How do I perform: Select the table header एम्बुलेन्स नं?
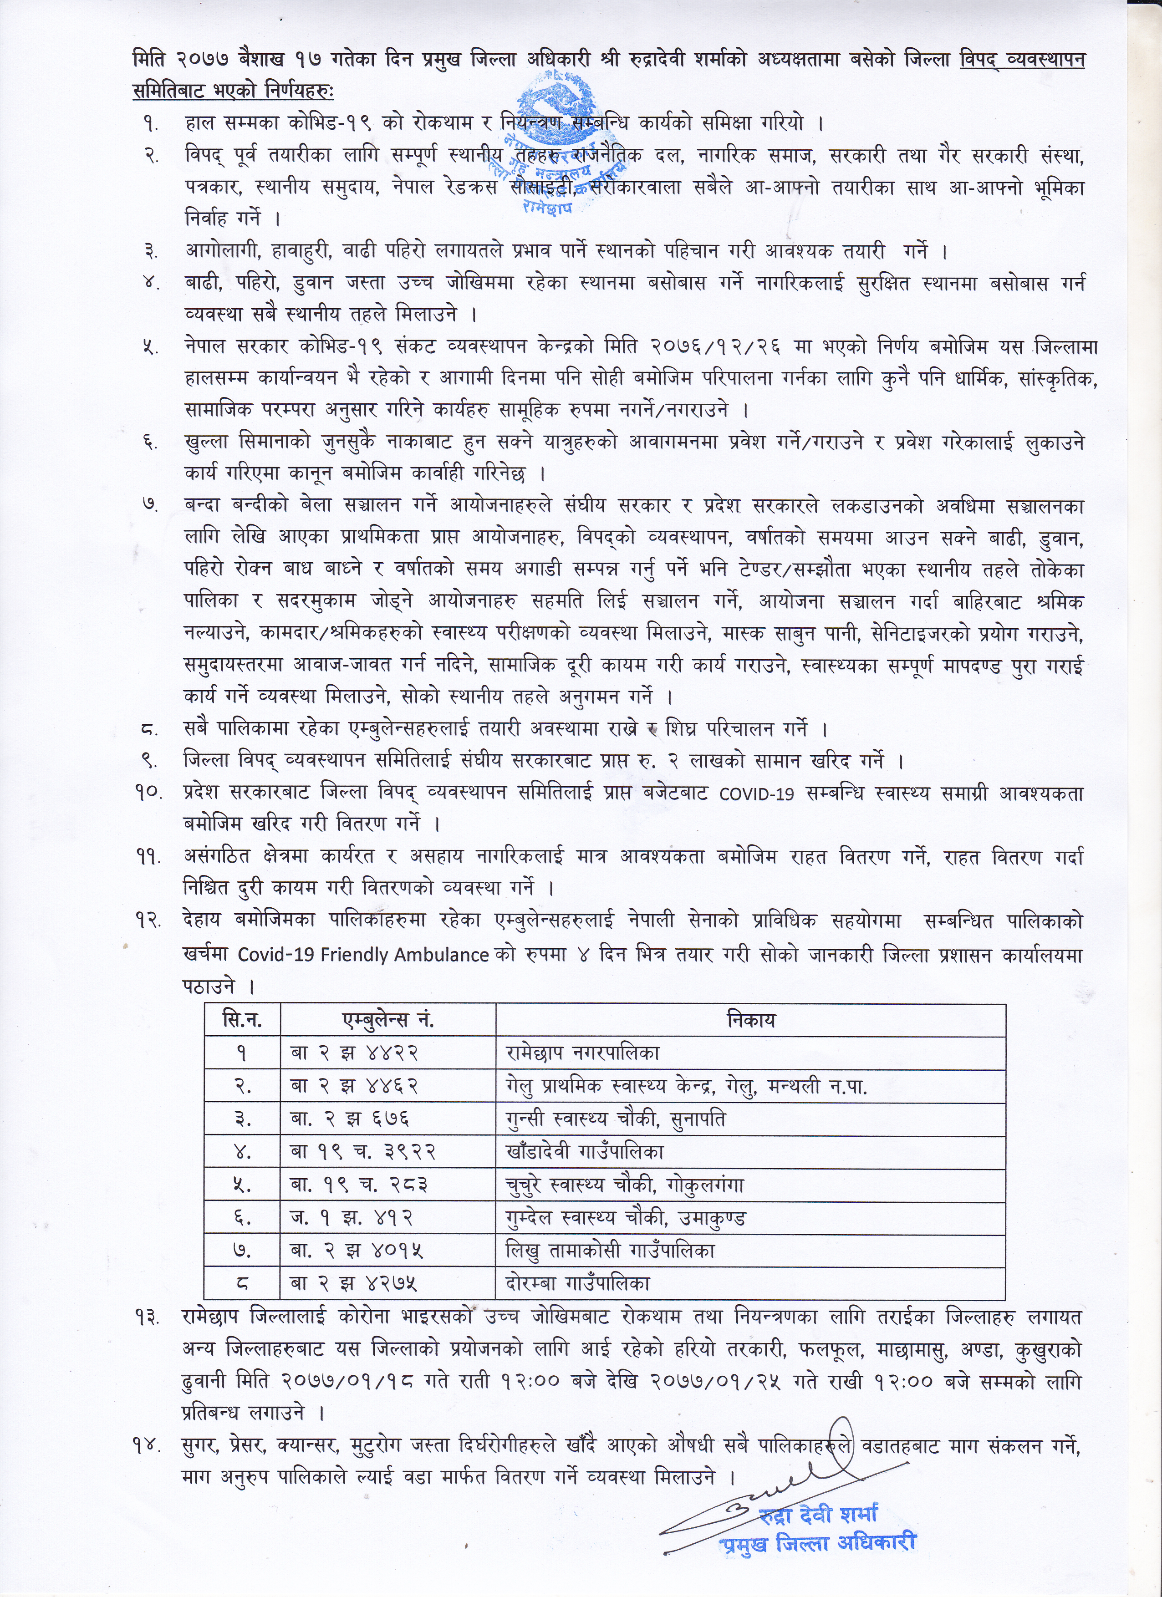click(387, 1020)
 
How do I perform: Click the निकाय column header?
click(751, 1020)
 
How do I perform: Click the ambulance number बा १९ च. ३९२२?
click(363, 1152)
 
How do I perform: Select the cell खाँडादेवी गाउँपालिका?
click(585, 1152)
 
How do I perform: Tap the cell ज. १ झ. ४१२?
click(352, 1217)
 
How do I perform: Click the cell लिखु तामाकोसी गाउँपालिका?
click(610, 1251)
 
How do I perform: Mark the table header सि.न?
click(242, 1020)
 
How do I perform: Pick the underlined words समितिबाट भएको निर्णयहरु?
click(234, 92)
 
